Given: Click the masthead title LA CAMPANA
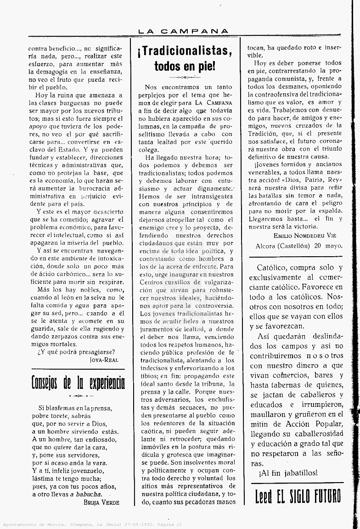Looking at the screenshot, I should click(183, 31).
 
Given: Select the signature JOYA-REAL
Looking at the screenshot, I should click(105, 347).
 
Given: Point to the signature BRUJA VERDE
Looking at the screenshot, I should click(101, 502).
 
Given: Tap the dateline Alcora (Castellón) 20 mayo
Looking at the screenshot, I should click(298, 246).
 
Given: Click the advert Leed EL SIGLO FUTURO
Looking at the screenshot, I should click(298, 496).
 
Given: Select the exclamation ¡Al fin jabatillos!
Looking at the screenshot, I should click(288, 473).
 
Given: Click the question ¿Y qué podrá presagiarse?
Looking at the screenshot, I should click(76, 339).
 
